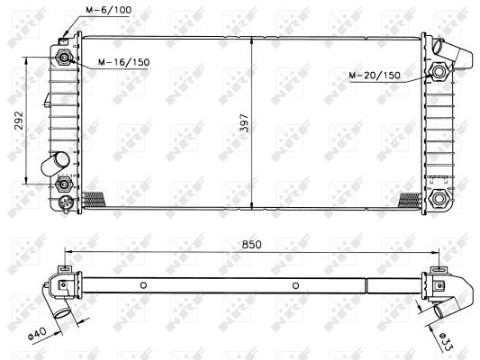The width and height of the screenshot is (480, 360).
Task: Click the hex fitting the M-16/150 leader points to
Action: [x=64, y=58]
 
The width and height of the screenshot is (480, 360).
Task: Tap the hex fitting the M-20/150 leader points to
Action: [x=440, y=72]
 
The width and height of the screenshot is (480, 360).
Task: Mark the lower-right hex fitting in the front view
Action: [x=440, y=198]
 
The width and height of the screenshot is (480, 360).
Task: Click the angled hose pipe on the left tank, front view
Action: [x=55, y=164]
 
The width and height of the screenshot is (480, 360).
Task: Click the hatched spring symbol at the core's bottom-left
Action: [x=93, y=199]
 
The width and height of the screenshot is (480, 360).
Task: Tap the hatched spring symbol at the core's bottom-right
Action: [x=410, y=199]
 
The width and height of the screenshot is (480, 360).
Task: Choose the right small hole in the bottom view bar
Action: [x=295, y=286]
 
